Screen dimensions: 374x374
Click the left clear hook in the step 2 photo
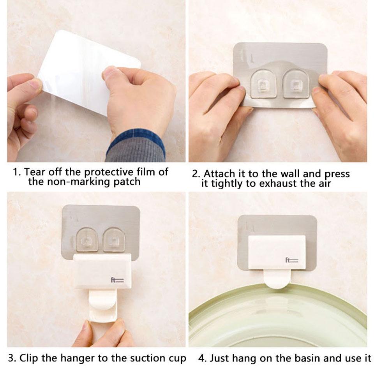point(264,84)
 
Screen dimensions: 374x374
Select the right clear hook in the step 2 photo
point(296,84)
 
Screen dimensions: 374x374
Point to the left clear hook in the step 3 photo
point(87,240)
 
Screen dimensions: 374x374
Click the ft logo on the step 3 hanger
point(117,280)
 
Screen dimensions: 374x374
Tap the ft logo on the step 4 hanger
point(292,260)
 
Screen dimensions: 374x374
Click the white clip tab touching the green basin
point(277,279)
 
